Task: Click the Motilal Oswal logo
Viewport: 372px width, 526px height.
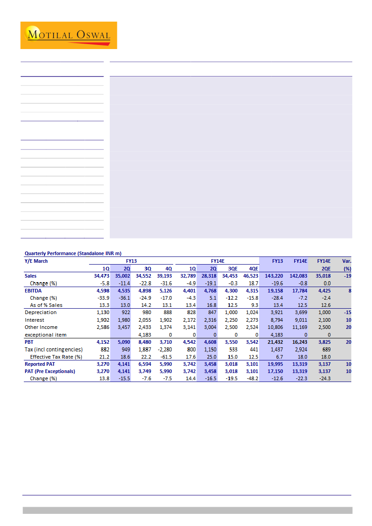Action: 68,35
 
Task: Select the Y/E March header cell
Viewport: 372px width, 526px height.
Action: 36,261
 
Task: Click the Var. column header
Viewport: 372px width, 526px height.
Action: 346,261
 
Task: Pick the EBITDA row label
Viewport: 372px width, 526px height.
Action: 33,290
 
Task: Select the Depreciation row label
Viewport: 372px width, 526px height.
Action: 40,312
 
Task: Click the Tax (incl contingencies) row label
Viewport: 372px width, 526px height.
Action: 54,349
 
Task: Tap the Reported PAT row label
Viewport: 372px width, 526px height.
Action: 40,364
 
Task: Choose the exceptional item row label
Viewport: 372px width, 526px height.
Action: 45,334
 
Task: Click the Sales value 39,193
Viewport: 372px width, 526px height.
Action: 163,276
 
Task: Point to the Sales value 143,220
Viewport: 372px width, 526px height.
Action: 273,276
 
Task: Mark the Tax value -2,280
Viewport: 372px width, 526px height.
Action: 163,349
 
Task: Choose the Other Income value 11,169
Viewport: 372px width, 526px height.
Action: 298,327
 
